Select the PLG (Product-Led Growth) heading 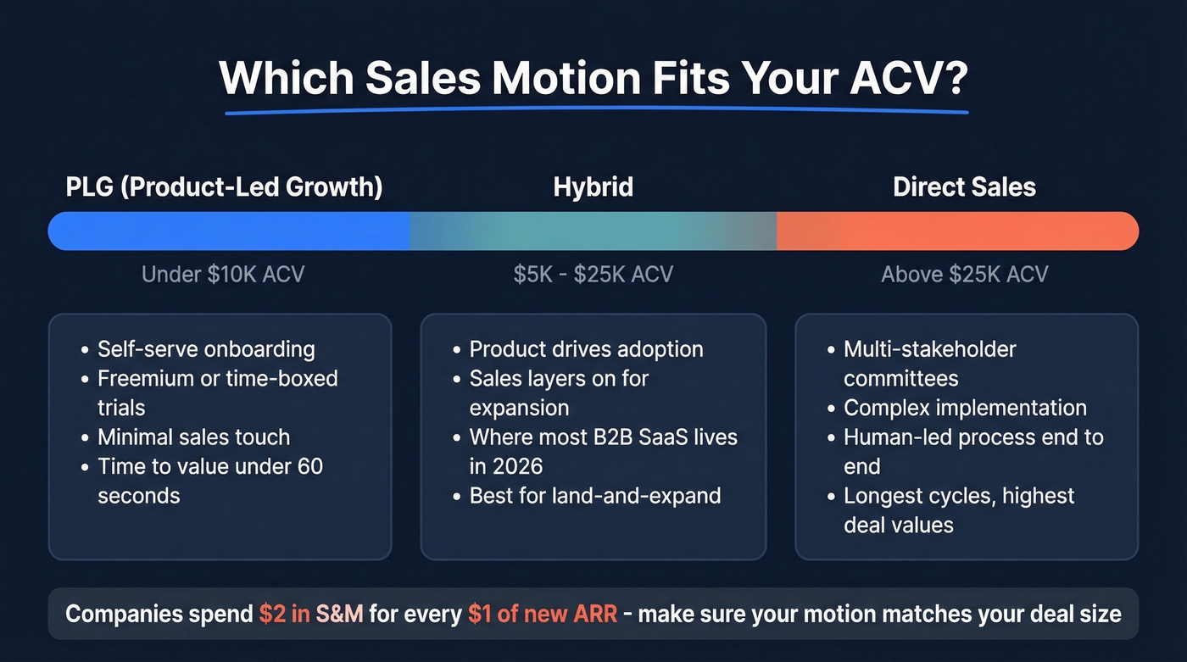click(224, 186)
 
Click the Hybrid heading click(593, 186)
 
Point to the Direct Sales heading click(964, 186)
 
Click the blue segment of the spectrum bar click(229, 231)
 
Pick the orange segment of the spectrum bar click(958, 231)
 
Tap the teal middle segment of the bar click(593, 231)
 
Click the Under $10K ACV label click(222, 275)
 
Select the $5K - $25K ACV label click(593, 275)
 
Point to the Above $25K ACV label click(964, 275)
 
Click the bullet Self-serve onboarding click(206, 349)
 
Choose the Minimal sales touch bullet click(193, 437)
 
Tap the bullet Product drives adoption click(586, 349)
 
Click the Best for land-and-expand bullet click(594, 496)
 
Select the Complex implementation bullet click(965, 408)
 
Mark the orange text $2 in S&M click(311, 614)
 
